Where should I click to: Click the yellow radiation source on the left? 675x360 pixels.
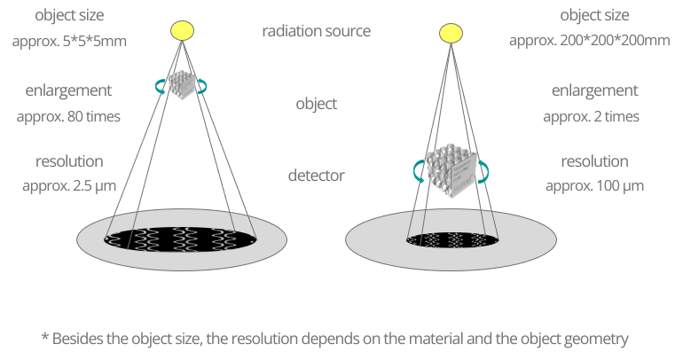pyautogui.click(x=181, y=31)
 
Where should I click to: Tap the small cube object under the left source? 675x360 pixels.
pyautogui.click(x=181, y=84)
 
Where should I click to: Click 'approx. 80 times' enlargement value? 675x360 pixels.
pyautogui.click(x=69, y=115)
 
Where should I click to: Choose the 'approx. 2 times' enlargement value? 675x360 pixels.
pyautogui.click(x=591, y=115)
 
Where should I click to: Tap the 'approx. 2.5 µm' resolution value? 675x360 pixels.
pyautogui.click(x=69, y=186)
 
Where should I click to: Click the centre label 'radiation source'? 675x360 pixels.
pyautogui.click(x=316, y=32)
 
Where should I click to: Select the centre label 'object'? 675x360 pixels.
pyautogui.click(x=316, y=104)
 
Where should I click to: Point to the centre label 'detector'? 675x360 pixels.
pyautogui.click(x=316, y=176)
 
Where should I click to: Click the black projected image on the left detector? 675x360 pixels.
pyautogui.click(x=181, y=238)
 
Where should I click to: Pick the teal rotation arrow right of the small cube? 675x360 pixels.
pyautogui.click(x=203, y=85)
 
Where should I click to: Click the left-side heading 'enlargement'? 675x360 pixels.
pyautogui.click(x=69, y=90)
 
